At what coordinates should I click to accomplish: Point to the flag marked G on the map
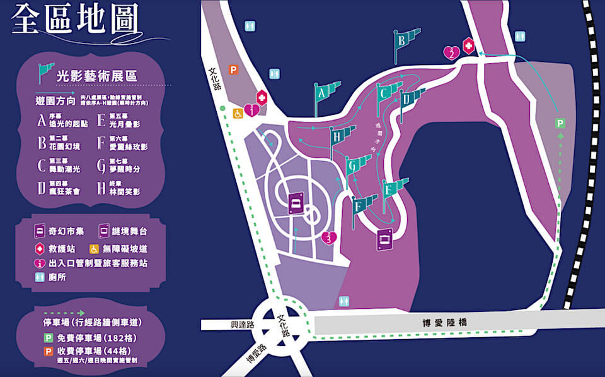tap(353, 166)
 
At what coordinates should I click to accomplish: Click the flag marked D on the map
tap(408, 99)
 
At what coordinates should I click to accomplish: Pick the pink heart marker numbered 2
tap(451, 52)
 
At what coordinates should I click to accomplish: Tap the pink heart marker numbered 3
tap(329, 237)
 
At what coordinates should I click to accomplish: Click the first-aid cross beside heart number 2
tap(469, 45)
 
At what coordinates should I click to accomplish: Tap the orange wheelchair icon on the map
tap(238, 114)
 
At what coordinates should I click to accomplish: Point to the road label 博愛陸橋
tap(446, 323)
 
